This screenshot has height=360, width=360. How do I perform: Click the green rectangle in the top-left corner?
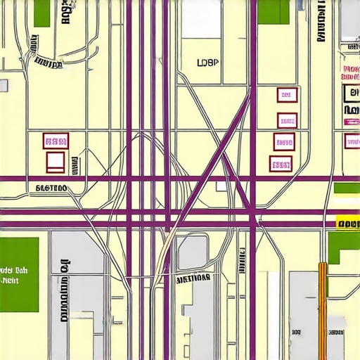click(x=42, y=13)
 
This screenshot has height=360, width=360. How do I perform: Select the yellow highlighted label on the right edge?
click(x=347, y=224)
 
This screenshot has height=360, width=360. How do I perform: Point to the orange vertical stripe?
click(x=323, y=309)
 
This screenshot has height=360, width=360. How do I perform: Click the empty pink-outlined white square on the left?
click(x=56, y=162)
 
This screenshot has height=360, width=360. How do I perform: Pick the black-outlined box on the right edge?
click(x=351, y=94)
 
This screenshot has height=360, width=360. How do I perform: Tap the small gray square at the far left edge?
click(x=4, y=85)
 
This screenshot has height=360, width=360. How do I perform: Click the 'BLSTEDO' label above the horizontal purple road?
click(x=51, y=188)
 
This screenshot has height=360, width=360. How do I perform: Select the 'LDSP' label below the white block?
click(x=208, y=62)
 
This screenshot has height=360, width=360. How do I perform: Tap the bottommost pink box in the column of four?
click(x=281, y=165)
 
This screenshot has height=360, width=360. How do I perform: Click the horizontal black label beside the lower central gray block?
click(x=193, y=278)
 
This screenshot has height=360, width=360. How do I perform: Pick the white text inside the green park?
click(x=14, y=275)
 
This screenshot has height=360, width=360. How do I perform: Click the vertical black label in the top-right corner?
click(x=322, y=21)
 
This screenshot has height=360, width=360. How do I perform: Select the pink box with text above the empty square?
click(x=56, y=141)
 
